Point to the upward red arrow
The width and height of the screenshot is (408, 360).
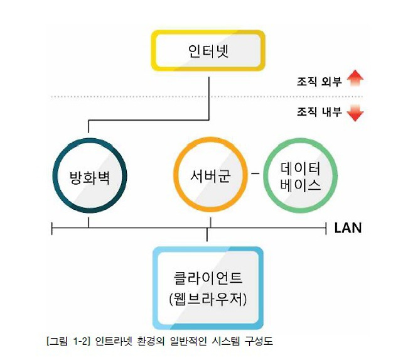355,78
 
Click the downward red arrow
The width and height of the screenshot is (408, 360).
355,113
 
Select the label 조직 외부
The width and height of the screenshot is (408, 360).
319,82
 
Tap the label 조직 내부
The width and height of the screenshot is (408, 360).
319,112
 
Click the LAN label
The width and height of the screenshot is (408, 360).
348,228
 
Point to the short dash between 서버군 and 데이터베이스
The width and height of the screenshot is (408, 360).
255,173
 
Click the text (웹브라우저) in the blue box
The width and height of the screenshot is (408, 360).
208,299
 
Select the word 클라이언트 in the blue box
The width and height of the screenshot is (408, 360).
208,278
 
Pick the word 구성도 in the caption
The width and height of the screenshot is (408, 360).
259,341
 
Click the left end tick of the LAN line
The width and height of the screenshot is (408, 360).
52,229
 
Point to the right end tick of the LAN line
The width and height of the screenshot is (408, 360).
326,229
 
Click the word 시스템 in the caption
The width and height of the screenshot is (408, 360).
225,341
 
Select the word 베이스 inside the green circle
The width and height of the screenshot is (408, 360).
301,185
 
